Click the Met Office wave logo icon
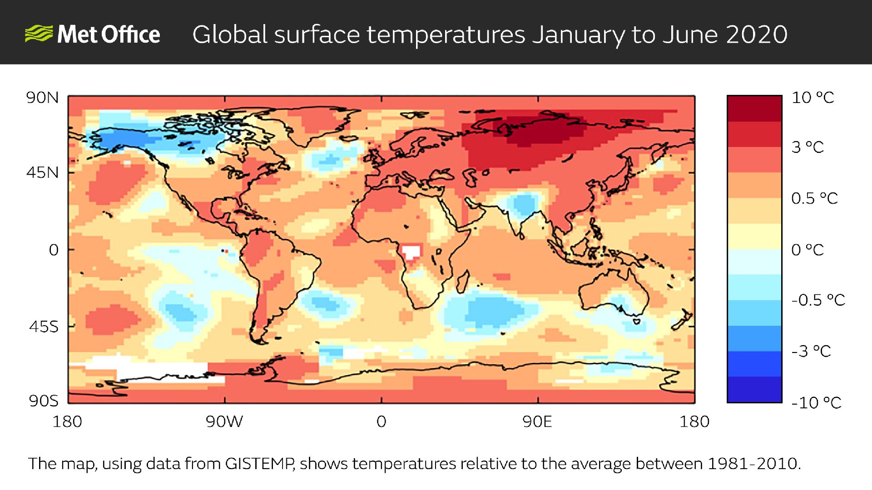(38, 34)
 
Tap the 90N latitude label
(42, 98)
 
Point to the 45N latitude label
(42, 173)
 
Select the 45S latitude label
(44, 327)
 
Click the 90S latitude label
(44, 401)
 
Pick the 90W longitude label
(224, 422)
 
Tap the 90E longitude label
(537, 422)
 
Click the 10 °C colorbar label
(813, 98)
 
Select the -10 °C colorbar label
(816, 402)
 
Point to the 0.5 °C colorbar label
(814, 198)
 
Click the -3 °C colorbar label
(811, 351)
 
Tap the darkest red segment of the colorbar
(754, 108)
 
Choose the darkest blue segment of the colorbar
(754, 390)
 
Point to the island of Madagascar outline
(463, 281)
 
